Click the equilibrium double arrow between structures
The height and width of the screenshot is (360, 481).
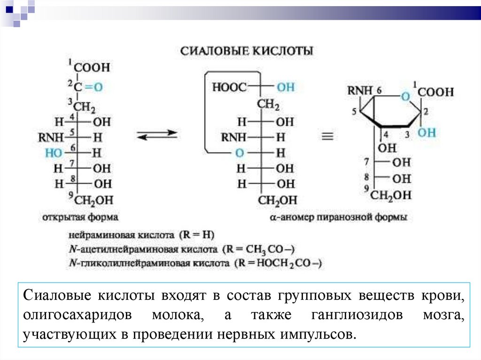pos(157,135)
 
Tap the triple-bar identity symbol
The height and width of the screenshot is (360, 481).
pos(327,137)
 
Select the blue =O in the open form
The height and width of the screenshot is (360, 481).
pos(93,87)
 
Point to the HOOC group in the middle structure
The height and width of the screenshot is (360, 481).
pos(229,87)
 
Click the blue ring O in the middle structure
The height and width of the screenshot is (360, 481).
pos(240,153)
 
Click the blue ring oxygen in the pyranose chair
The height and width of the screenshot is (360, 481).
pos(406,97)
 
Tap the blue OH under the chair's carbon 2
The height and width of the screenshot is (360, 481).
pos(427,133)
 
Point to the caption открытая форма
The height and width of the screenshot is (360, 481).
pos(80,218)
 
